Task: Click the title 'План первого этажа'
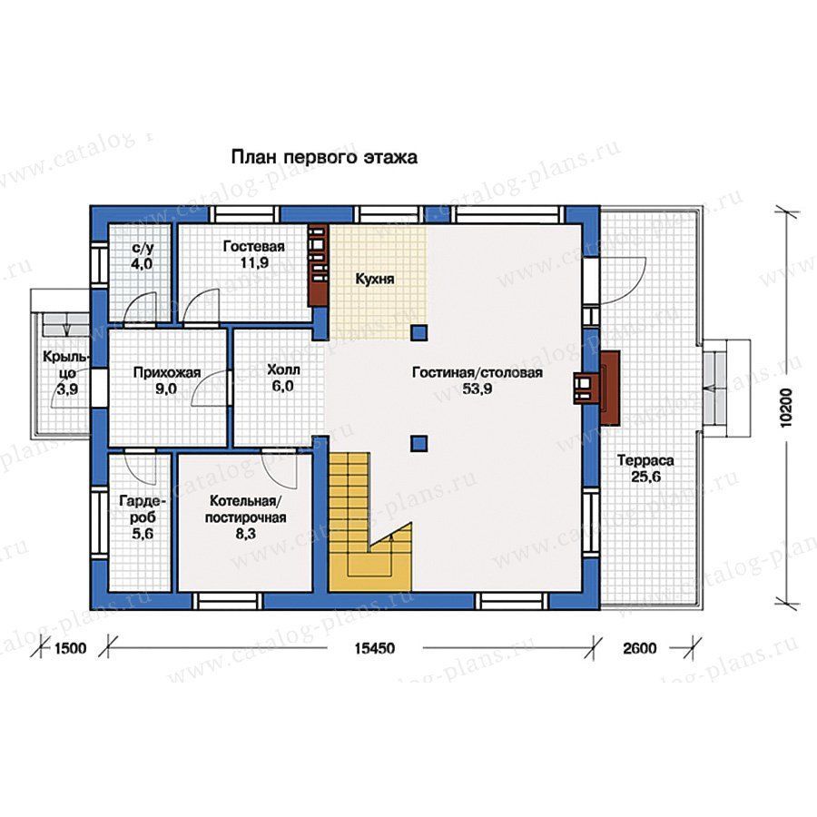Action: (x=324, y=157)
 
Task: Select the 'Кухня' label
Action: (x=375, y=280)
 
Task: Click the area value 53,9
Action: (x=477, y=389)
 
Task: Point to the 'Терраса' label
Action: (x=645, y=460)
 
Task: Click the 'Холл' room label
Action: (x=283, y=370)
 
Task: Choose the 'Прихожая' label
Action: (x=167, y=372)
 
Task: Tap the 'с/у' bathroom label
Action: (x=142, y=248)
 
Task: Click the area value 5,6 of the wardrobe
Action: (x=143, y=534)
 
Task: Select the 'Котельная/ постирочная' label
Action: (x=245, y=509)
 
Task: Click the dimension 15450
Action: (x=375, y=649)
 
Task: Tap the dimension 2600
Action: (x=640, y=649)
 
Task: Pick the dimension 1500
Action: (x=70, y=649)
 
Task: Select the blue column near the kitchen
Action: (x=418, y=332)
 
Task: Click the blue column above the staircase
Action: (x=418, y=443)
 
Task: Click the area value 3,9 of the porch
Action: (x=67, y=389)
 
